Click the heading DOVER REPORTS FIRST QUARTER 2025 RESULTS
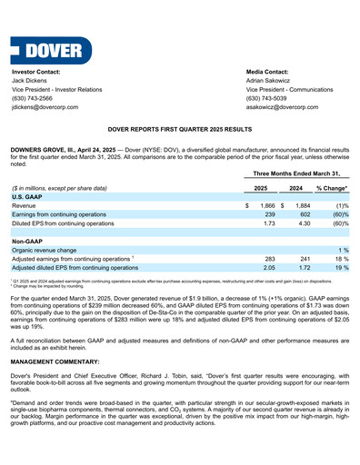[179, 131]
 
